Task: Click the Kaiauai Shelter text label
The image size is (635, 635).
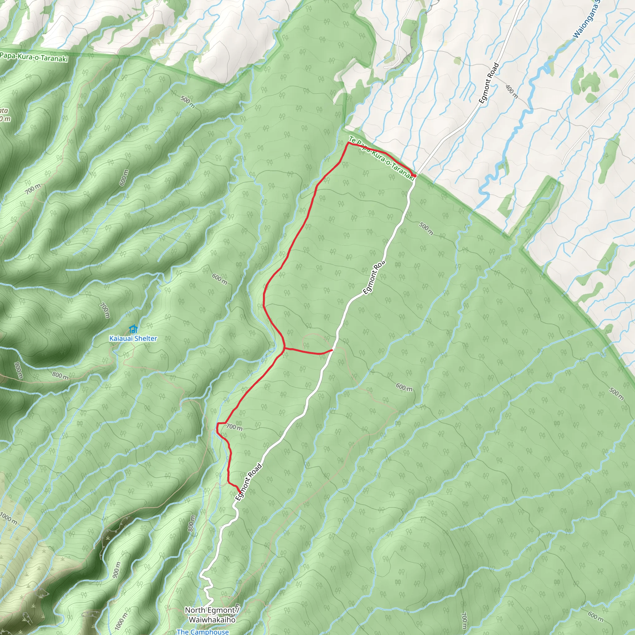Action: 133,338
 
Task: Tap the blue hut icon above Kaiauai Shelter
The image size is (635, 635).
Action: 133,329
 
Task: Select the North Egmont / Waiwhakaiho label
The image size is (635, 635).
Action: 212,615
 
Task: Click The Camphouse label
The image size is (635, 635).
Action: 202,632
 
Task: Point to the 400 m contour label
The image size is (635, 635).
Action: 512,92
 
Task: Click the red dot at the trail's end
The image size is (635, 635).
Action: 415,176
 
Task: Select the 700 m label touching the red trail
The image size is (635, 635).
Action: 234,427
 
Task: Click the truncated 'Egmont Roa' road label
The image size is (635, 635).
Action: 374,278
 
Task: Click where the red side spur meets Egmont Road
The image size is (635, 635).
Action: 332,350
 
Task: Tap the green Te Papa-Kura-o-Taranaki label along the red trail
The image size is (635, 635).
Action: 381,158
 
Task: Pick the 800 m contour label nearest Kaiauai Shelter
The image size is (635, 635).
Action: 60,375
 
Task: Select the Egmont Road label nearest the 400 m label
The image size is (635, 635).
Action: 489,83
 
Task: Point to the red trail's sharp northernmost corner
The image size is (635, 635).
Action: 348,143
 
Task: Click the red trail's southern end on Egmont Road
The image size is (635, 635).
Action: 239,492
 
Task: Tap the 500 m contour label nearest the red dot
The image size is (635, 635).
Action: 426,229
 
